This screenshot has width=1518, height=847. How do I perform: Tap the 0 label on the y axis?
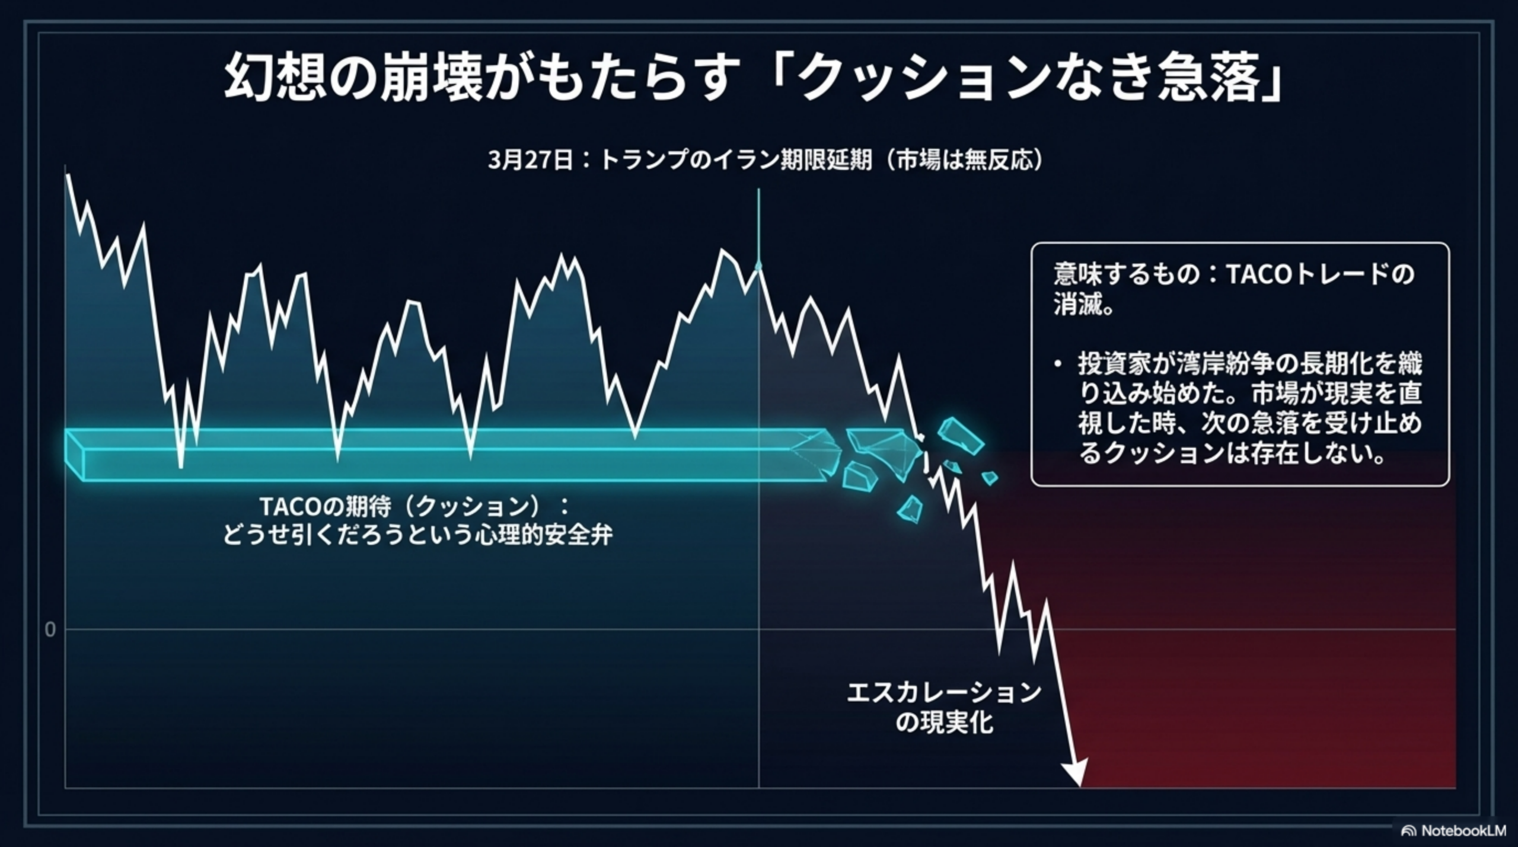tap(50, 629)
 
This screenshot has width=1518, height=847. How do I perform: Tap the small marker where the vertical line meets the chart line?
tap(758, 266)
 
